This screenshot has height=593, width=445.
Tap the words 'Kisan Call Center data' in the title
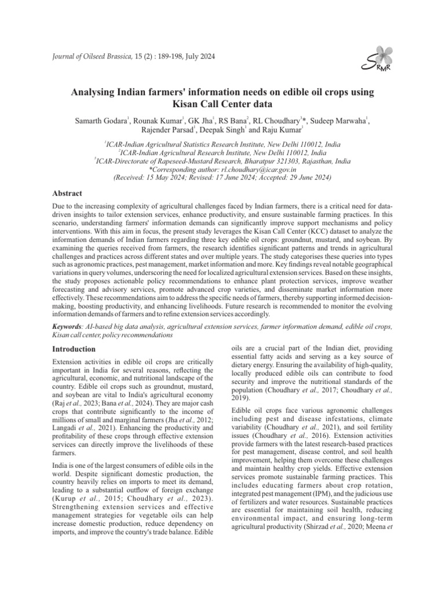click(x=222, y=105)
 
